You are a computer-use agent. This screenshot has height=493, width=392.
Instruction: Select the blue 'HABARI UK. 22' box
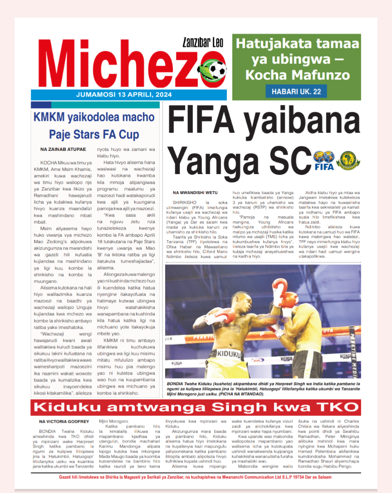coord(296,91)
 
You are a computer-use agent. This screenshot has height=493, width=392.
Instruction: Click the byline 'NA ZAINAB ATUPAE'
coord(63,149)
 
